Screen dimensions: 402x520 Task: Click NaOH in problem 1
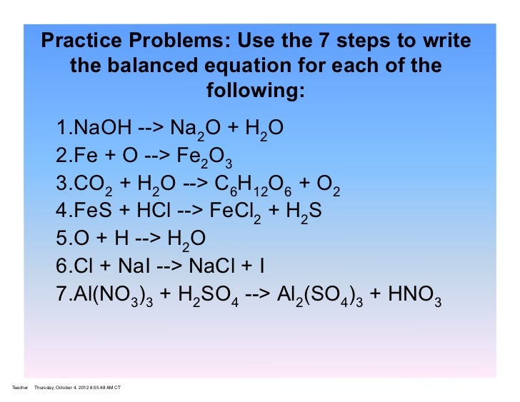point(102,129)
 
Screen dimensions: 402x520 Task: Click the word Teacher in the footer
point(20,387)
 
